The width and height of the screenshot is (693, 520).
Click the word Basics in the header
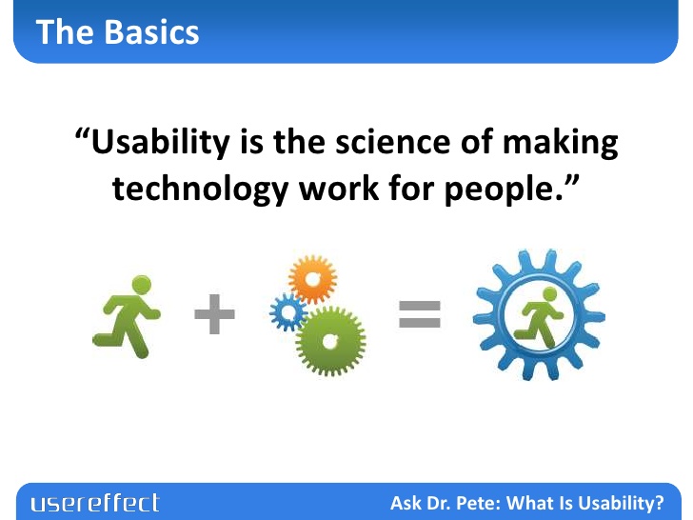pyautogui.click(x=151, y=32)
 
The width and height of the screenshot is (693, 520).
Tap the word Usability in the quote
pyautogui.click(x=160, y=143)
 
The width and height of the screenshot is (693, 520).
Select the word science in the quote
pyautogui.click(x=393, y=142)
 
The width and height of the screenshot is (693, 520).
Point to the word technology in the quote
pyautogui.click(x=201, y=190)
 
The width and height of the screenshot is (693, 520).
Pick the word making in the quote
pyautogui.click(x=561, y=143)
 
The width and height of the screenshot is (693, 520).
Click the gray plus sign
pyautogui.click(x=214, y=314)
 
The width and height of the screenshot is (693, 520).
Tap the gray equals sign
pyautogui.click(x=420, y=314)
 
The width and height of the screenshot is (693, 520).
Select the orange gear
pyautogui.click(x=312, y=279)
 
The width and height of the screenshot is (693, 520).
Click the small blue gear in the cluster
pyautogui.click(x=288, y=312)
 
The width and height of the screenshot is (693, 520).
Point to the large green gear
pyautogui.click(x=330, y=341)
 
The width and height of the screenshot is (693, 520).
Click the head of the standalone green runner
pyautogui.click(x=142, y=285)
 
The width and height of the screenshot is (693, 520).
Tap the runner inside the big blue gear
pyautogui.click(x=539, y=317)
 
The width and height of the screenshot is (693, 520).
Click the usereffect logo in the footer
pyautogui.click(x=95, y=503)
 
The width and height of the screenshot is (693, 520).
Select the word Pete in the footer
pyautogui.click(x=478, y=503)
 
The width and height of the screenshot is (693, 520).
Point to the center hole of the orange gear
pyautogui.click(x=313, y=279)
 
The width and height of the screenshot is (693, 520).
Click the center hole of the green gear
pyautogui.click(x=329, y=341)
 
